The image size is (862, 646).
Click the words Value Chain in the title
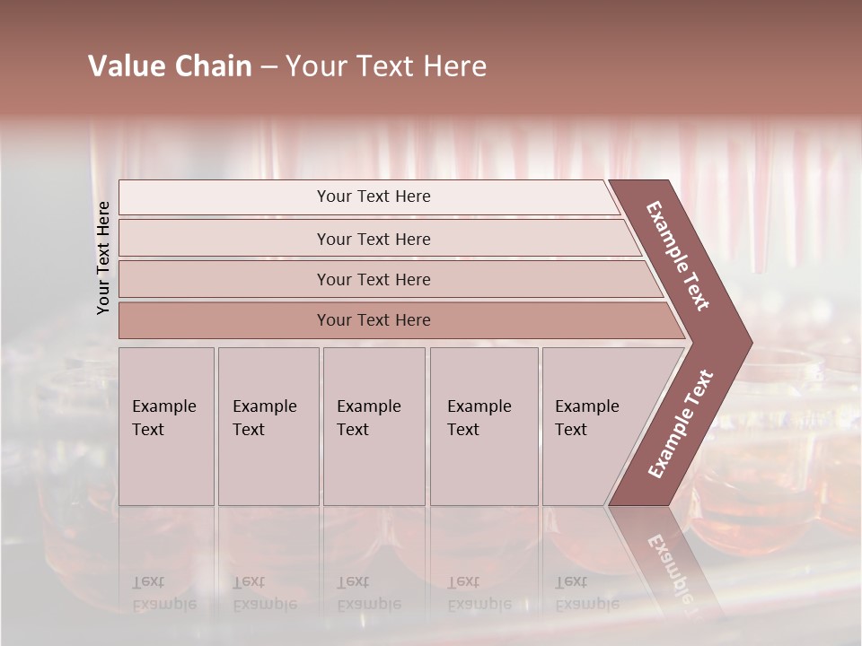pyautogui.click(x=170, y=66)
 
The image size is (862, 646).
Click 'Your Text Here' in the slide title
pyautogui.click(x=386, y=66)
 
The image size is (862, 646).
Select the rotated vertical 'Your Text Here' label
pyautogui.click(x=103, y=258)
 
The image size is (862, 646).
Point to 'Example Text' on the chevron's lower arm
pyautogui.click(x=680, y=424)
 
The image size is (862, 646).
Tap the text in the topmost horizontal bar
pyautogui.click(x=374, y=196)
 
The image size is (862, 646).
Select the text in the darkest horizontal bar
pyautogui.click(x=374, y=320)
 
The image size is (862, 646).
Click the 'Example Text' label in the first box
pyautogui.click(x=163, y=418)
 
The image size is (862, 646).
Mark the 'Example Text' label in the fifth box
pyautogui.click(x=586, y=418)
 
